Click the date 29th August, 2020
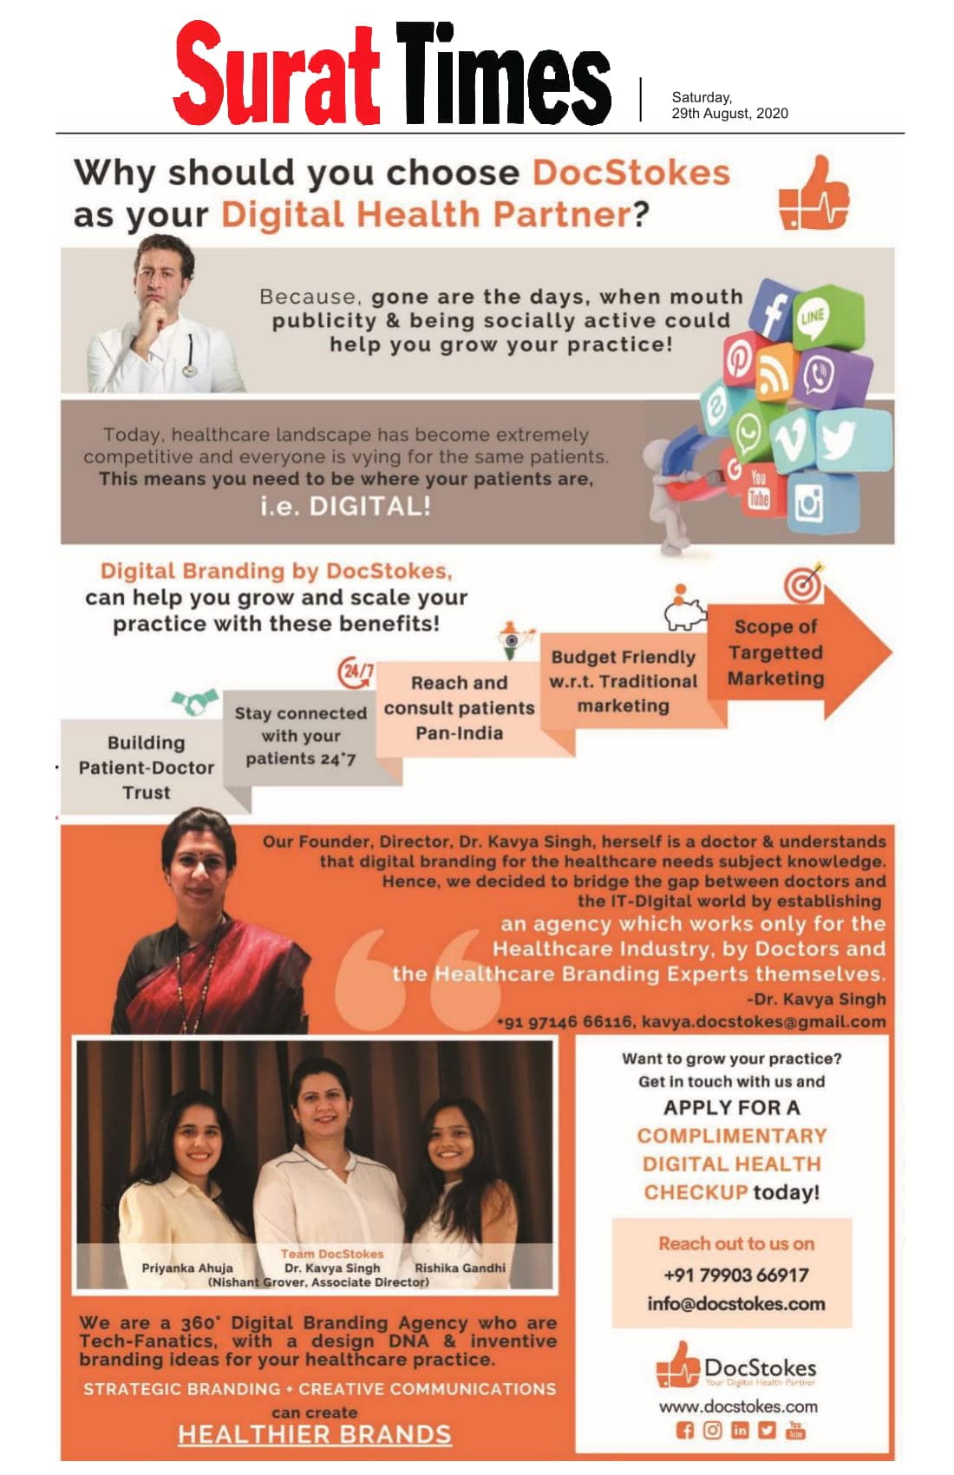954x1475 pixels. click(x=729, y=114)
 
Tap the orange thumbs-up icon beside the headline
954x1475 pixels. click(x=813, y=194)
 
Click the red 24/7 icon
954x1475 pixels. click(x=356, y=672)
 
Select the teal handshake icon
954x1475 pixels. click(x=194, y=700)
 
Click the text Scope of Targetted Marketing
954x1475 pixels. click(x=775, y=652)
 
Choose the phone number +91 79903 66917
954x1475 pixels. click(x=735, y=1275)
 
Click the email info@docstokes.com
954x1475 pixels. click(x=735, y=1303)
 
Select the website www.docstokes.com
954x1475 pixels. click(x=737, y=1406)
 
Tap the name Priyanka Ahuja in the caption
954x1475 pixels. click(x=187, y=1268)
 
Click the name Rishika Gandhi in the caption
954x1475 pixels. click(x=460, y=1268)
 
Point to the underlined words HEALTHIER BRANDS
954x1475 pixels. click(x=314, y=1434)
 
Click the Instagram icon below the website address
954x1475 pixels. click(x=712, y=1431)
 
